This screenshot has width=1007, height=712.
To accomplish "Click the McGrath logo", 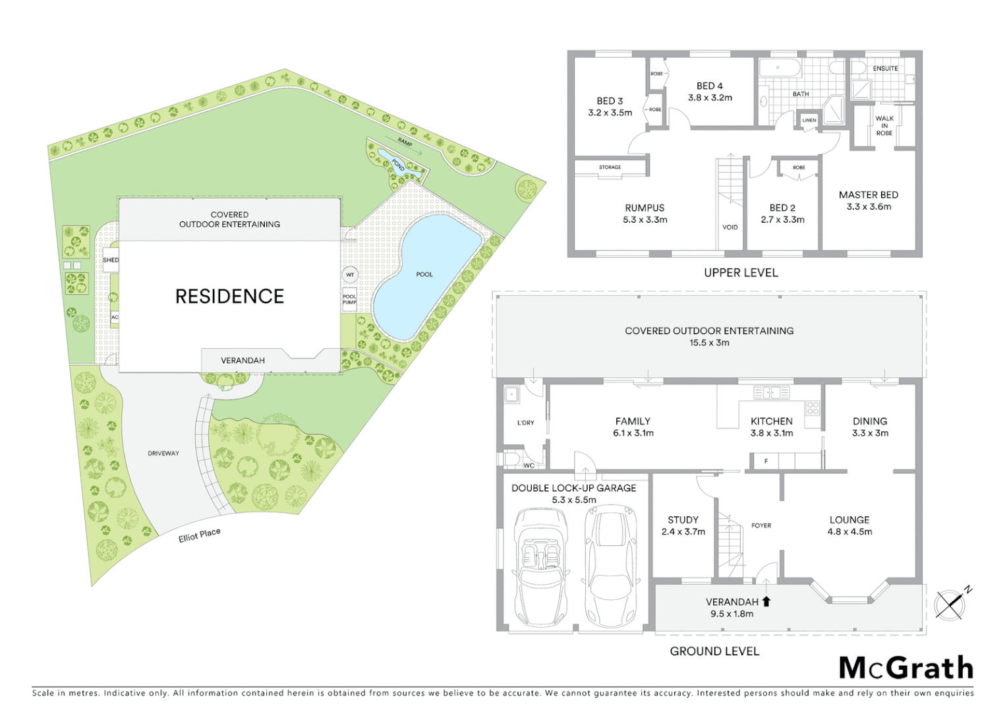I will pyautogui.click(x=906, y=668).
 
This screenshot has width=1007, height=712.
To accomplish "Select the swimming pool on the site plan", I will pyautogui.click(x=424, y=275).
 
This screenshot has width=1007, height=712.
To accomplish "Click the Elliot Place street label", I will pyautogui.click(x=199, y=535).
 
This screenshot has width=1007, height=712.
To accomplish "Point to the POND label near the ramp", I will pyautogui.click(x=398, y=164).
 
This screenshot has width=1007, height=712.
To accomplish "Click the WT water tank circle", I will pyautogui.click(x=350, y=275).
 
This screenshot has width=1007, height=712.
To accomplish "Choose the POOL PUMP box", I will pyautogui.click(x=349, y=299).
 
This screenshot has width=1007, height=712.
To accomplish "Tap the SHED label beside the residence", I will pyautogui.click(x=111, y=260).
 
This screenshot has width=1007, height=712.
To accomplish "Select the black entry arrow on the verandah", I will pyautogui.click(x=766, y=601).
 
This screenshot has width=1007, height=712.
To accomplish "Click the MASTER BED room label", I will pyautogui.click(x=868, y=195).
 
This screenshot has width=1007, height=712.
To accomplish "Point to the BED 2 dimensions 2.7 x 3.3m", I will pyautogui.click(x=782, y=220).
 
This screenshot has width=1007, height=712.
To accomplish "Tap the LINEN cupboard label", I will pyautogui.click(x=809, y=120).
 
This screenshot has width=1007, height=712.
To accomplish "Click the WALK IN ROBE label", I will pyautogui.click(x=884, y=126).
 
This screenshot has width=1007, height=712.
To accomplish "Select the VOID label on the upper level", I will pyautogui.click(x=730, y=227).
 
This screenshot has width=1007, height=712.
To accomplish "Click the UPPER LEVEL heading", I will pyautogui.click(x=741, y=273).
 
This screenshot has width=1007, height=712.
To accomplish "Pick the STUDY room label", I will pyautogui.click(x=683, y=520).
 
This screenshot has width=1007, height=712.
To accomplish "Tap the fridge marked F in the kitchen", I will pyautogui.click(x=766, y=461).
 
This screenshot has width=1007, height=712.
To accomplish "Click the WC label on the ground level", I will pyautogui.click(x=529, y=465).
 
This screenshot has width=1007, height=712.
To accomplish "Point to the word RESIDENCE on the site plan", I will pyautogui.click(x=229, y=297).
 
